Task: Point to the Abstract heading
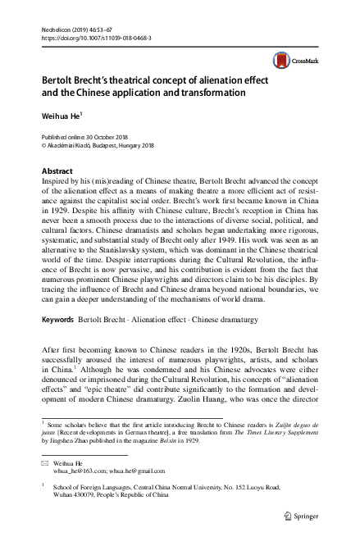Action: pos(57,171)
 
